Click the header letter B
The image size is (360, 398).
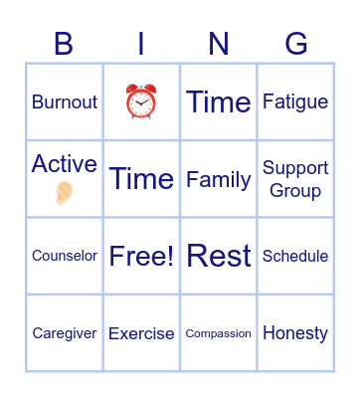(64, 44)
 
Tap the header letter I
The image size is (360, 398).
(141, 44)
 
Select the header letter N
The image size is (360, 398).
(219, 44)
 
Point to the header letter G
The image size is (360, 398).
(296, 44)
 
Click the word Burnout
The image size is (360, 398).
(65, 101)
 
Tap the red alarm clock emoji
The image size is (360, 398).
(141, 101)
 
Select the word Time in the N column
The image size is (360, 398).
(219, 101)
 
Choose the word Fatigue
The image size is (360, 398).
(295, 101)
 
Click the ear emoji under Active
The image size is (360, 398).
(65, 192)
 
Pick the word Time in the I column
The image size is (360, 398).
(141, 178)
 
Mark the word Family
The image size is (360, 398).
(219, 179)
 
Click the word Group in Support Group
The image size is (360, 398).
(295, 190)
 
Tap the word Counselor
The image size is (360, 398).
(65, 256)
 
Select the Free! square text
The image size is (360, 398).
(141, 256)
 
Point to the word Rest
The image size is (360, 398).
(219, 256)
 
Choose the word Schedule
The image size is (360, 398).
(295, 256)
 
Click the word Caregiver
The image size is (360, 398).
(65, 333)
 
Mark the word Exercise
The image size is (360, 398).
(141, 333)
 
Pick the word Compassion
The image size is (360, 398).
(219, 333)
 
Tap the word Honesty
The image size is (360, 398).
(295, 333)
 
